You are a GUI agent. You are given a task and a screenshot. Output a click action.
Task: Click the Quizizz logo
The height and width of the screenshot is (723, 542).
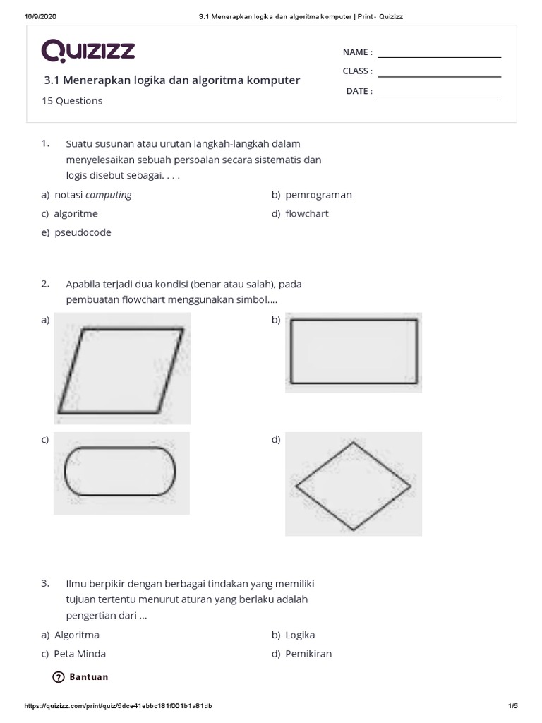[x=88, y=51]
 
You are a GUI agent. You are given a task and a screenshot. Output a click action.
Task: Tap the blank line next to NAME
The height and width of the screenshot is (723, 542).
[x=439, y=56]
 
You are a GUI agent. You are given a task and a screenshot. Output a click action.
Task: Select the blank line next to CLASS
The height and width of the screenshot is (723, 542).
[x=439, y=75]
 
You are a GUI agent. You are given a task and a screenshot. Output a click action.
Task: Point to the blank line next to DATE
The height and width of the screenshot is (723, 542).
[x=439, y=95]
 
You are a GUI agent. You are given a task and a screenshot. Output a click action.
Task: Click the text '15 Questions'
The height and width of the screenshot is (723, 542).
[x=72, y=101]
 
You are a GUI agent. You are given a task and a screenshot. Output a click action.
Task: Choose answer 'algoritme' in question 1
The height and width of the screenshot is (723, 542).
[x=76, y=213]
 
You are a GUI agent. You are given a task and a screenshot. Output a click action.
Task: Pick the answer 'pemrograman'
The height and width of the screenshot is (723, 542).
[x=318, y=195]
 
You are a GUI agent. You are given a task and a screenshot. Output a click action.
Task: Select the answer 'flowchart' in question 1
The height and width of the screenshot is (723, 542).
[x=307, y=213]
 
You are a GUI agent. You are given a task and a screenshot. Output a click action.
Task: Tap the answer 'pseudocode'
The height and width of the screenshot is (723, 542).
[x=83, y=232]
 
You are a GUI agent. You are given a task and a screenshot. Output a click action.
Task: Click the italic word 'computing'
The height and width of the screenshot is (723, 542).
[x=109, y=195]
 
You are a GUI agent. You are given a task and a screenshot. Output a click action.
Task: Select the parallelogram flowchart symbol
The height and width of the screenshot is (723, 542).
[x=121, y=369]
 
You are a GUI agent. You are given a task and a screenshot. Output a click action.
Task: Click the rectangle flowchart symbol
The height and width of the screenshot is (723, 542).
[x=354, y=352]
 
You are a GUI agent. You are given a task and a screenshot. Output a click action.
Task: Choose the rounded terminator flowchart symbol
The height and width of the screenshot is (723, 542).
[x=121, y=472]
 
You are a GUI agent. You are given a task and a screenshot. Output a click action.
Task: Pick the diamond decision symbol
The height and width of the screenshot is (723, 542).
[x=353, y=485]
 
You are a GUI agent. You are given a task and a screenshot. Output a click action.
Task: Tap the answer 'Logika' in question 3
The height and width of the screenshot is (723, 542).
[x=300, y=635]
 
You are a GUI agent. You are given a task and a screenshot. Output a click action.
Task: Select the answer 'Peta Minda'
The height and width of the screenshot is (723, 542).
[x=80, y=654]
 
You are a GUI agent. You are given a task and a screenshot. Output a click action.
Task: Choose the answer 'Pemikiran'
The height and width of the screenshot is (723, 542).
[x=308, y=654]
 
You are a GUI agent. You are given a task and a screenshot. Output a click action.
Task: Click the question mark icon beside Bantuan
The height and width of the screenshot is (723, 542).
[x=59, y=677]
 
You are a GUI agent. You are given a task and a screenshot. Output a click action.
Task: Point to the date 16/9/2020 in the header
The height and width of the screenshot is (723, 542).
[x=40, y=16]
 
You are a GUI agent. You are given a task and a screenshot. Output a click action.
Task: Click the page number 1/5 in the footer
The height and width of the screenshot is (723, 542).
[x=512, y=706]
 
